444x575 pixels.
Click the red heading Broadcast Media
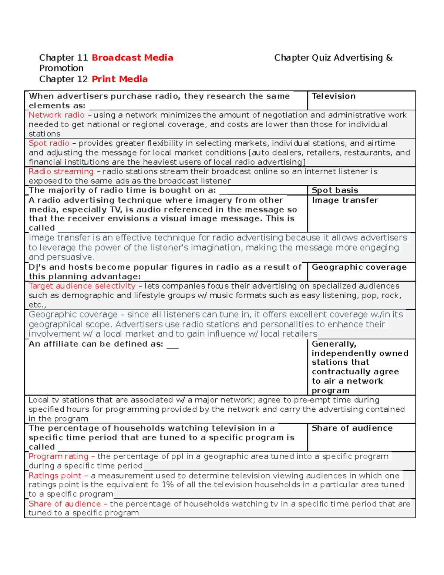click(x=132, y=58)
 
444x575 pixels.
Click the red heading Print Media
click(x=120, y=79)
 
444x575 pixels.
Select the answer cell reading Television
click(x=333, y=96)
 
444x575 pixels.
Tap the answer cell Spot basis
click(x=335, y=190)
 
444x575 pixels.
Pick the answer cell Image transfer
click(x=345, y=200)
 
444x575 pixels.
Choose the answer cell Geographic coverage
click(x=359, y=267)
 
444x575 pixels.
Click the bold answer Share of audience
click(x=352, y=428)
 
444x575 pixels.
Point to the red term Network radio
click(x=56, y=115)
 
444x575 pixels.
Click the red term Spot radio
click(x=49, y=143)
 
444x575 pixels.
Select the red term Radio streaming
click(x=61, y=171)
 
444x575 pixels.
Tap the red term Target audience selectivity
click(x=82, y=286)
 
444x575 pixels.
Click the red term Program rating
click(x=58, y=457)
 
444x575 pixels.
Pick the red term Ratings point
click(x=55, y=476)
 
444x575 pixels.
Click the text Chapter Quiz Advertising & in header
click(x=333, y=58)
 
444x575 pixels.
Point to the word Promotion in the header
click(x=61, y=68)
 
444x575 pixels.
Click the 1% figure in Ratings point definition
click(x=168, y=485)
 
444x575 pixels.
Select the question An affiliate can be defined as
click(x=96, y=344)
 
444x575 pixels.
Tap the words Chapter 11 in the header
click(x=63, y=58)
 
